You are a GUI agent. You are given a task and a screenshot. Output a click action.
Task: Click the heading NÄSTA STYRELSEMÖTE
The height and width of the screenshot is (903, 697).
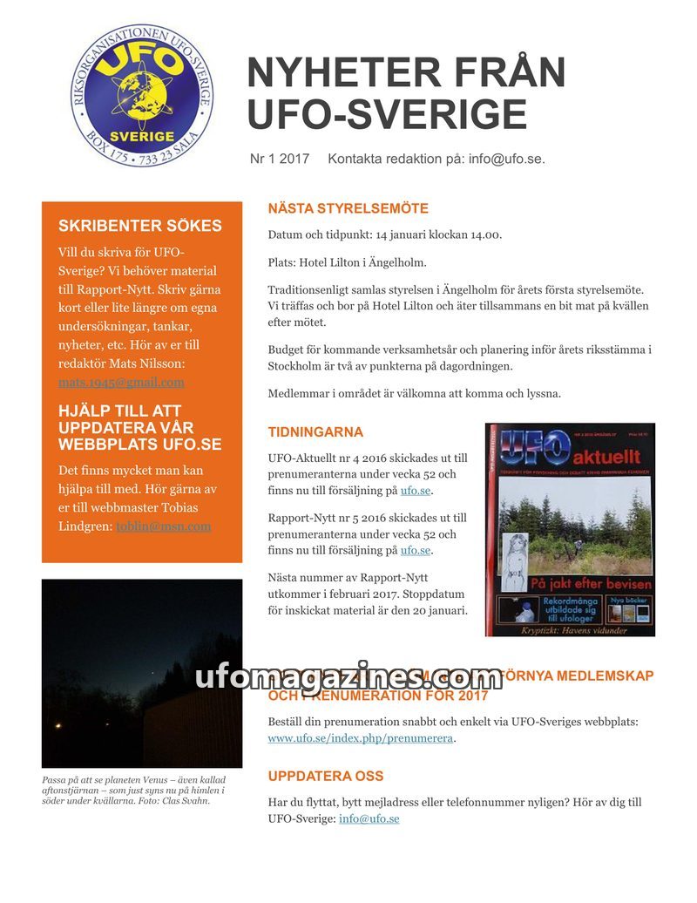(x=348, y=209)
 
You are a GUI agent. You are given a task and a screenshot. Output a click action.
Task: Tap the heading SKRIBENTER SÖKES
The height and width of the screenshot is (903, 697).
(x=139, y=226)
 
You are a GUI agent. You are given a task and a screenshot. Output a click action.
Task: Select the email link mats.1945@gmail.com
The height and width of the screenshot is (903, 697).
(x=121, y=382)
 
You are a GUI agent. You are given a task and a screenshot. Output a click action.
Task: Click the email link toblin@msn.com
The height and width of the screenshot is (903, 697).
(x=163, y=526)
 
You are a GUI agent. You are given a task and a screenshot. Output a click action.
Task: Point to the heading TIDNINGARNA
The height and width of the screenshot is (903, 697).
(x=315, y=432)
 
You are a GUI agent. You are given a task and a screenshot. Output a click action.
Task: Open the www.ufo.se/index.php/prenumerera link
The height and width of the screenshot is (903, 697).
(x=360, y=738)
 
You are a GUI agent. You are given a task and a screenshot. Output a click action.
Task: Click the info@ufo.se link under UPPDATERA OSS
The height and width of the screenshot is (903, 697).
(x=369, y=818)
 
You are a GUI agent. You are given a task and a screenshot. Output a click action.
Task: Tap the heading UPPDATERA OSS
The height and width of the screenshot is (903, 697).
(x=325, y=776)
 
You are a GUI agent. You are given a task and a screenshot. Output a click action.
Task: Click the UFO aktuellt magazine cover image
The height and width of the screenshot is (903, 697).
(x=570, y=529)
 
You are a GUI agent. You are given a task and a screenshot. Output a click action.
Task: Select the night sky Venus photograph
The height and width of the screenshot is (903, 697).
(x=142, y=672)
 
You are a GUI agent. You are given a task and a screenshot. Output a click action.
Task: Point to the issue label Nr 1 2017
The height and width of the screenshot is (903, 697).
(x=280, y=159)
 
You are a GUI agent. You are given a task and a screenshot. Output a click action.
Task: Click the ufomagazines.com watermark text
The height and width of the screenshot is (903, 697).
(x=348, y=676)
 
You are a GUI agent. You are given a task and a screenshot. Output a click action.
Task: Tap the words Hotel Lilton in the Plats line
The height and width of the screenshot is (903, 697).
(x=340, y=262)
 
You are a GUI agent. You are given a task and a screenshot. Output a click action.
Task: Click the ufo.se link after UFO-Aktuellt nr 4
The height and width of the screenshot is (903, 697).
(x=416, y=491)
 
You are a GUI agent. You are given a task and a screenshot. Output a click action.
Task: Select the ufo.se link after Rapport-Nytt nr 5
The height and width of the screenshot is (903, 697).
(x=416, y=550)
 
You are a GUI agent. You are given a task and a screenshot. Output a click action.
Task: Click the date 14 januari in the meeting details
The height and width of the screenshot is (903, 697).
(x=403, y=234)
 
